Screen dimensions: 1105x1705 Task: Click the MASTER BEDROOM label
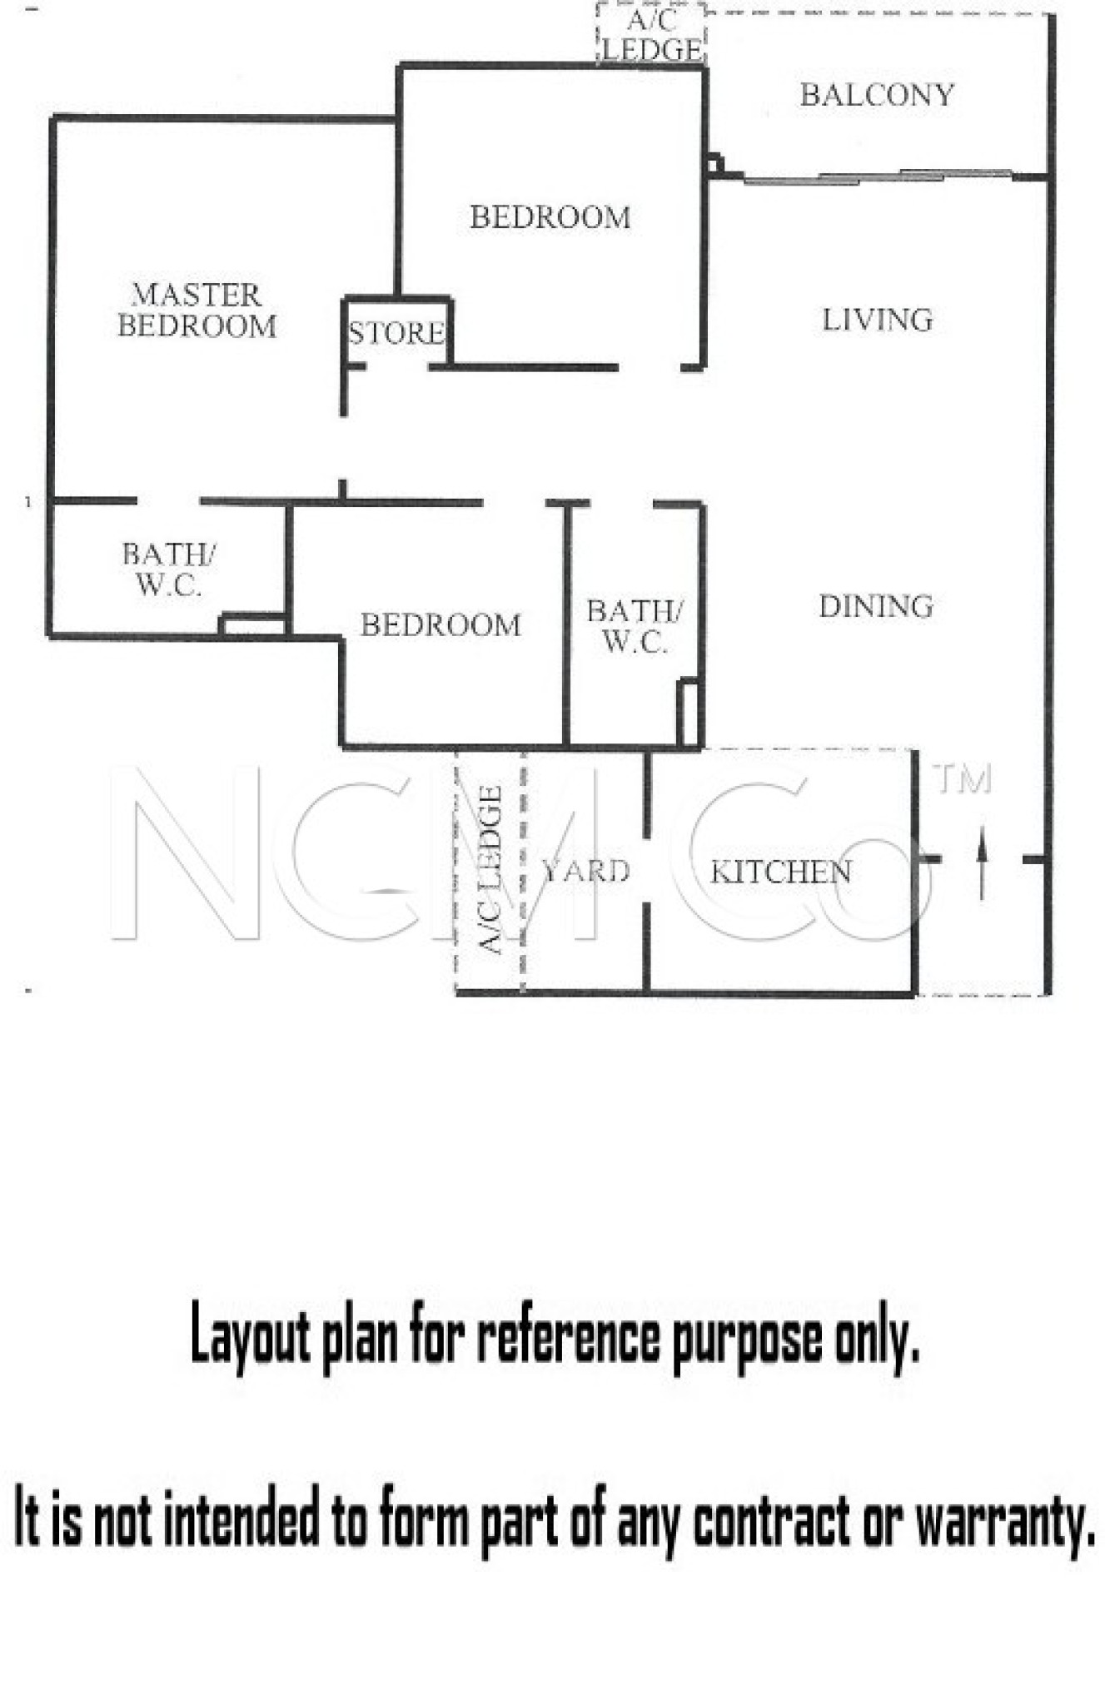[197, 310]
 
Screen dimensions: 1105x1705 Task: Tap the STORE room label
[396, 333]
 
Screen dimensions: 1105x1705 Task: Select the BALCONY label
[877, 95]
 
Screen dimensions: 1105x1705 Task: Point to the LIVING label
[877, 320]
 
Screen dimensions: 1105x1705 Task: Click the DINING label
[876, 606]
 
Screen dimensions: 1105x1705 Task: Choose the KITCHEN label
[780, 872]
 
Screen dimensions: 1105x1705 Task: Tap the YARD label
[586, 871]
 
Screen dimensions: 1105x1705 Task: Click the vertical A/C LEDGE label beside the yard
[490, 869]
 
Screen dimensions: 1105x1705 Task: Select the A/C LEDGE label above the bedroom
[652, 35]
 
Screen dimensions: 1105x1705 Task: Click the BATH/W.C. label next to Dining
[634, 626]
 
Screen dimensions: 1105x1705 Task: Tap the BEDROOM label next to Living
[550, 217]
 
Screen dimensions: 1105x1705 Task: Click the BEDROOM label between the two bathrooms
[441, 624]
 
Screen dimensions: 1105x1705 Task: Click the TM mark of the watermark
[963, 780]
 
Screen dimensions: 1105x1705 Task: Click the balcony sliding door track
[879, 176]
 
